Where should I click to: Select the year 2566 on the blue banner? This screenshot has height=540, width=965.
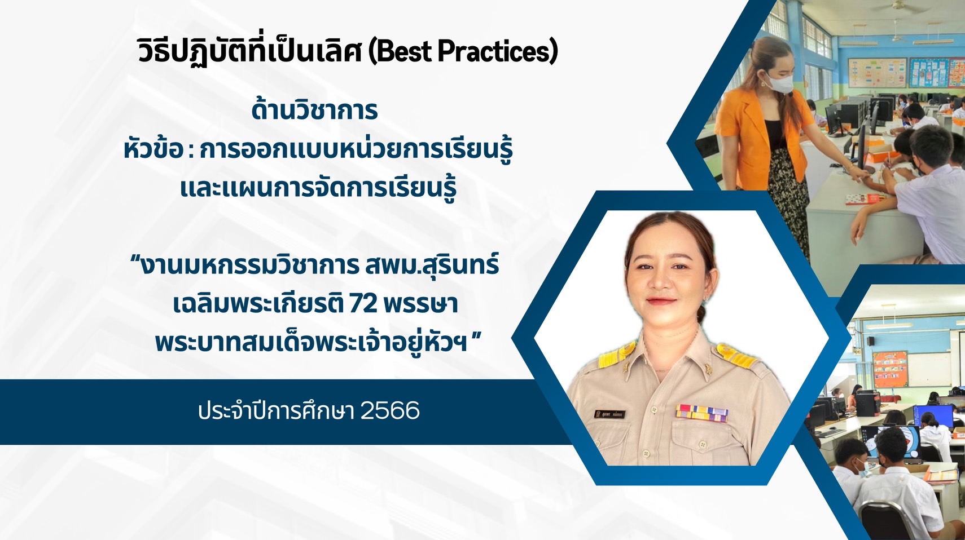[x=389, y=411]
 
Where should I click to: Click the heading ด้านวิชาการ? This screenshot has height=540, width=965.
[x=314, y=110]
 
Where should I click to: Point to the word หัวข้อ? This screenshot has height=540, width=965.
[x=152, y=150]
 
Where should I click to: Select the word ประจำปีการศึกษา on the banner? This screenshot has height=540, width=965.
[x=276, y=411]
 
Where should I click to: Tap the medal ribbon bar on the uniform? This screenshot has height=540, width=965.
[x=701, y=412]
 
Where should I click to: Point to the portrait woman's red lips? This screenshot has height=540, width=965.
[x=662, y=301]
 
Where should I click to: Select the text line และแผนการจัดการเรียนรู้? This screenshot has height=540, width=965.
[x=318, y=188]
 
